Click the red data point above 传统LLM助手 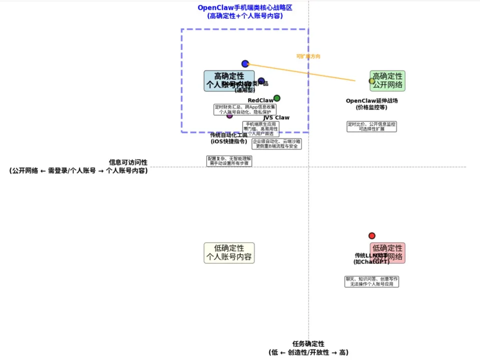click(x=372, y=236)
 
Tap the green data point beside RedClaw click(x=277, y=98)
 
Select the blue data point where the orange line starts click(x=245, y=64)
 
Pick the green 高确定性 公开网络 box click(x=387, y=81)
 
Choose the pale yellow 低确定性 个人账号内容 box click(x=229, y=253)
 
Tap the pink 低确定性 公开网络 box click(x=387, y=253)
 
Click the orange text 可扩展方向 click(x=308, y=56)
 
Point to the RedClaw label click(x=261, y=100)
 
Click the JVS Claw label click(x=276, y=118)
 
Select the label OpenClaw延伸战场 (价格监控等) click(x=372, y=104)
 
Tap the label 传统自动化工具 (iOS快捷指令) click(x=229, y=138)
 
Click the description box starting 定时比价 click(x=372, y=126)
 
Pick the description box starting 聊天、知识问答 click(x=372, y=281)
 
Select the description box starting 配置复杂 click(x=229, y=161)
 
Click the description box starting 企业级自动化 click(x=277, y=144)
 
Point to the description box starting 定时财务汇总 click(x=245, y=109)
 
